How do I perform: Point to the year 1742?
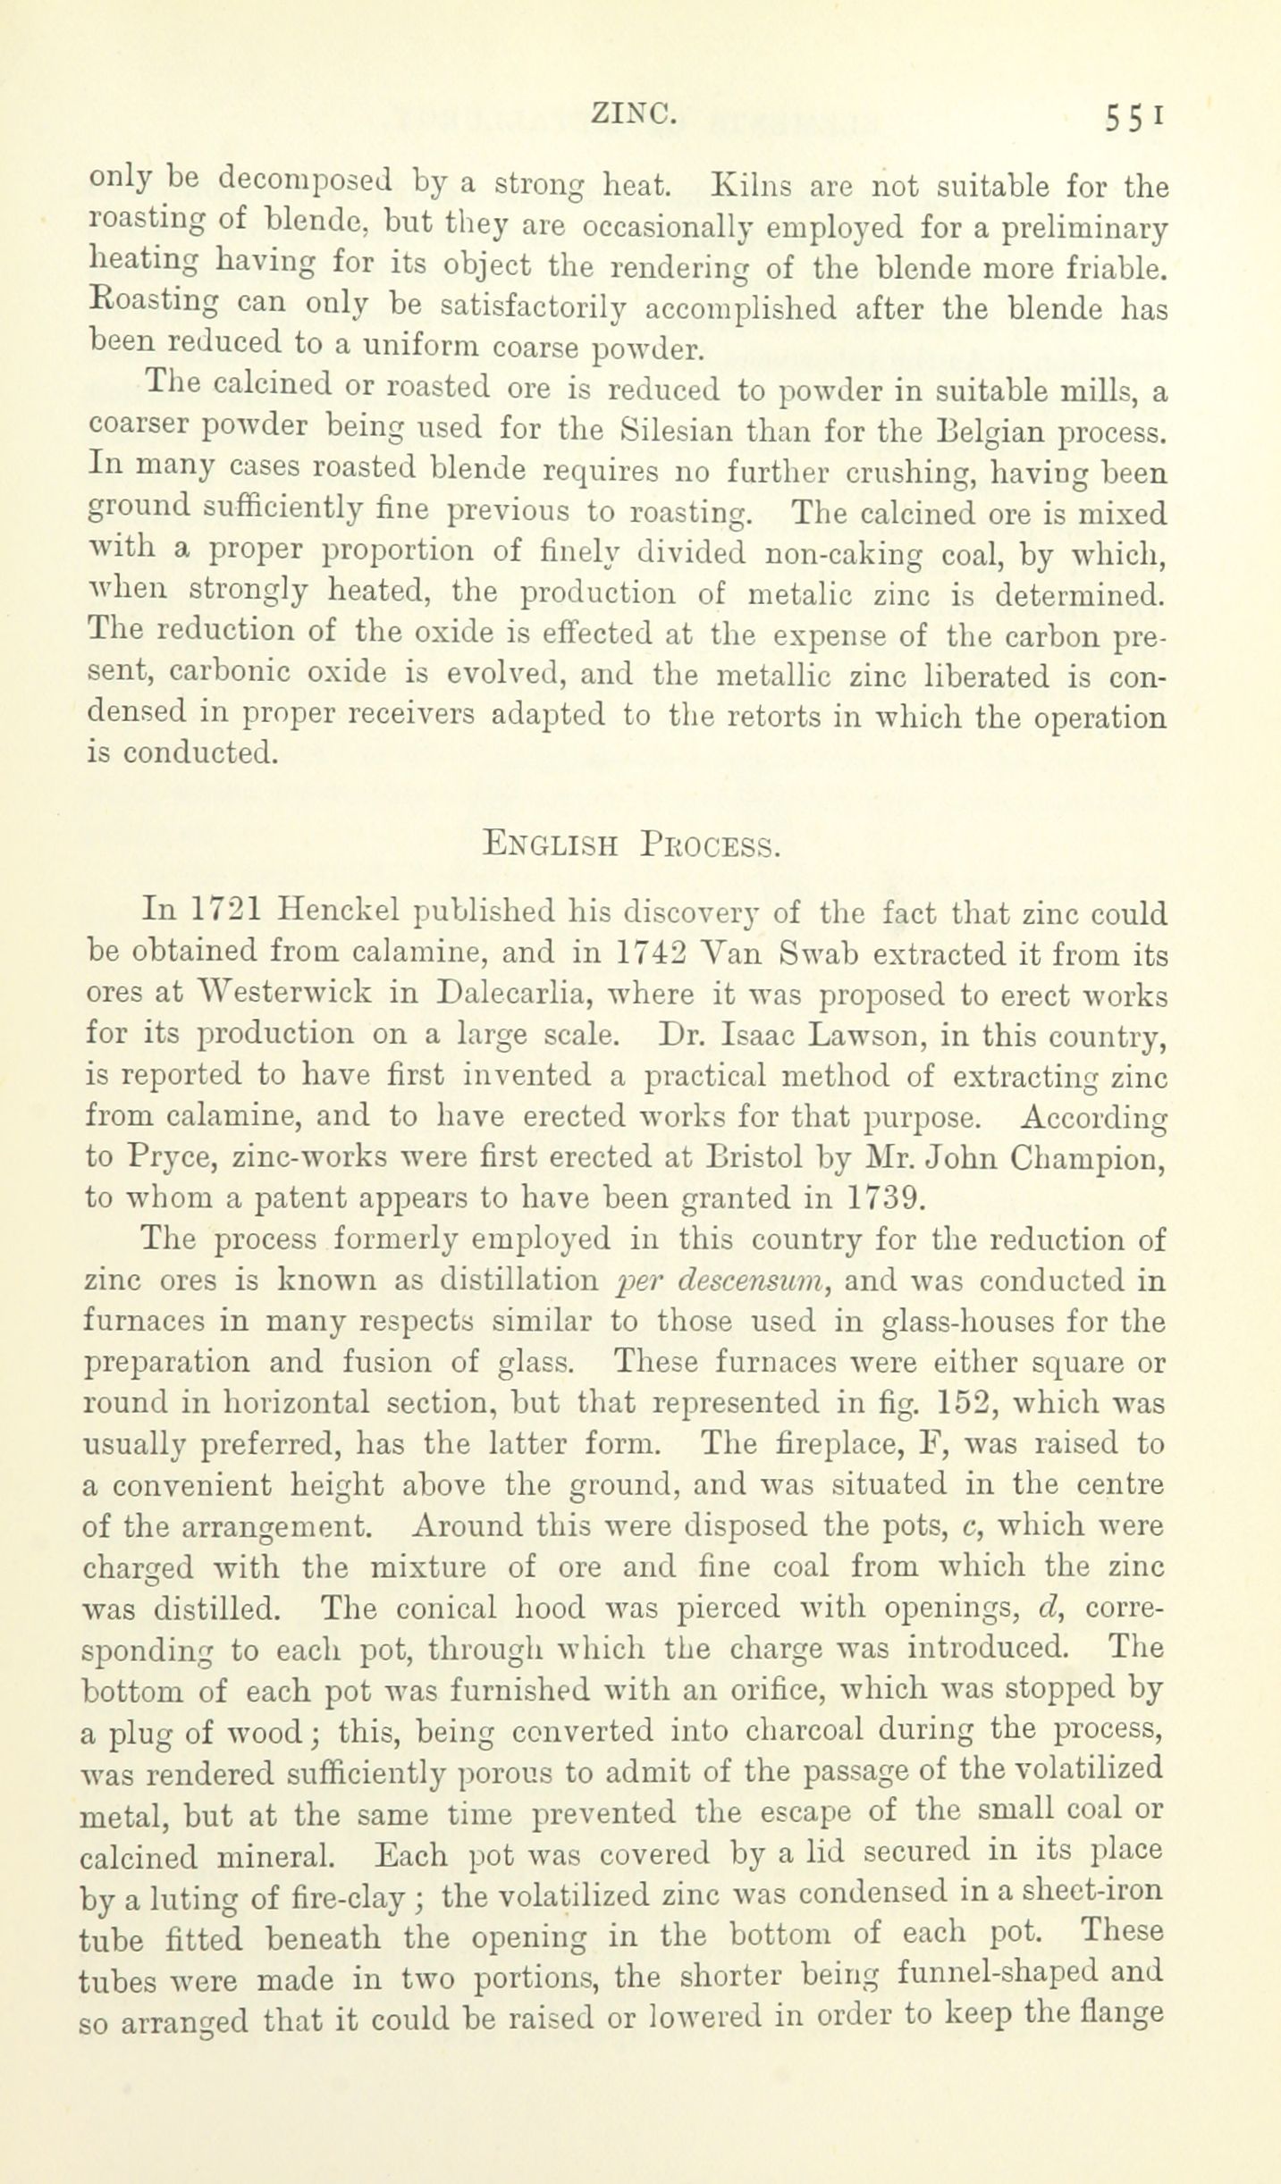pos(652,953)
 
